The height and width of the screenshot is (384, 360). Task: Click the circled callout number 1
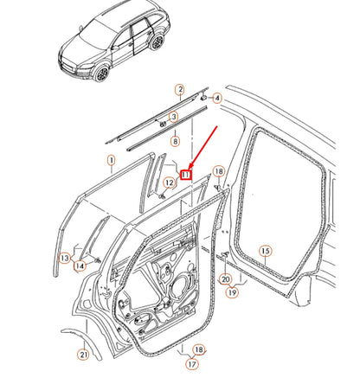pyautogui.click(x=111, y=160)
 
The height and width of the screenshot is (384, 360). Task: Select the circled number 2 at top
pyautogui.click(x=180, y=89)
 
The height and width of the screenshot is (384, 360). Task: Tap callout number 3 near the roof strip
pyautogui.click(x=173, y=117)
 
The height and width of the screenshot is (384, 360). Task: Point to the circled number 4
pyautogui.click(x=217, y=98)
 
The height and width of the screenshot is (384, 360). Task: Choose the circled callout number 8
pyautogui.click(x=175, y=141)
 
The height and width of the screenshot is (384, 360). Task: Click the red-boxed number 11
pyautogui.click(x=186, y=175)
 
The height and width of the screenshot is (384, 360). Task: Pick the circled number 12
pyautogui.click(x=170, y=182)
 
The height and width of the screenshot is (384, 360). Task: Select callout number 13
pyautogui.click(x=65, y=258)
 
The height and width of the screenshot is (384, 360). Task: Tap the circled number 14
pyautogui.click(x=80, y=266)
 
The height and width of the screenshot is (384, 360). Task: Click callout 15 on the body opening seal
pyautogui.click(x=266, y=251)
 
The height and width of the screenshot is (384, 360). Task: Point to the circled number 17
pyautogui.click(x=192, y=364)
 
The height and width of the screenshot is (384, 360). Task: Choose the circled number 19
pyautogui.click(x=232, y=292)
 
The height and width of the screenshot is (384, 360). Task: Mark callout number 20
pyautogui.click(x=225, y=279)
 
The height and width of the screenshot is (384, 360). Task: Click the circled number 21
pyautogui.click(x=83, y=354)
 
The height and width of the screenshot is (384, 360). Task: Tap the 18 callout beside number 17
pyautogui.click(x=199, y=349)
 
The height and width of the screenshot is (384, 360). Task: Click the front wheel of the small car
pyautogui.click(x=102, y=73)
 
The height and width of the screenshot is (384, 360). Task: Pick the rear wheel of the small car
pyautogui.click(x=157, y=42)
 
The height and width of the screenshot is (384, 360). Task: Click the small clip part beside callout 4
pyautogui.click(x=203, y=98)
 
